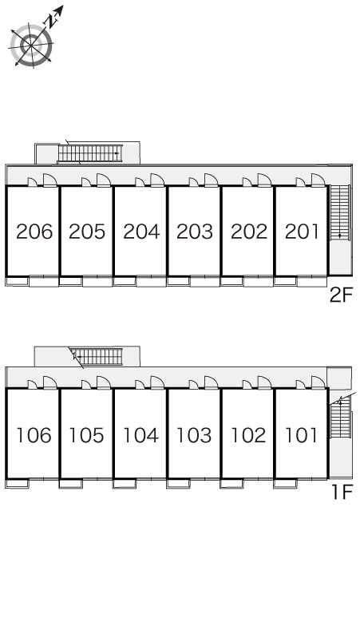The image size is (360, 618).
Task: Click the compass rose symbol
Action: (x=31, y=46)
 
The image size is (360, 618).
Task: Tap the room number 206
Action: (x=34, y=232)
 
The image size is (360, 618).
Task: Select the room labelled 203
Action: (x=195, y=232)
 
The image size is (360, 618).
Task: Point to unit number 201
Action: (x=301, y=232)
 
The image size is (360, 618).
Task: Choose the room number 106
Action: (x=34, y=435)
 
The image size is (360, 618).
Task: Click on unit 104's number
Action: (x=141, y=435)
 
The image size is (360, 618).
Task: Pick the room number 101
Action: (x=301, y=435)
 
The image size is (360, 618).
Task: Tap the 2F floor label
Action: (x=342, y=295)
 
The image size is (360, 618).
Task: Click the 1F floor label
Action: (x=342, y=492)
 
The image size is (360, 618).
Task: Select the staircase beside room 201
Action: (x=339, y=212)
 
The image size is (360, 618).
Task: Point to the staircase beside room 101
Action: (x=340, y=418)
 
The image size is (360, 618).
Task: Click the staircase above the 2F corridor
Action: (x=90, y=153)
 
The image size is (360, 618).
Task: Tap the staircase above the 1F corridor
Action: (x=98, y=356)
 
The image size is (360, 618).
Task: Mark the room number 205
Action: (x=87, y=232)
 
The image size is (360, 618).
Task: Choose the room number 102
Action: (x=248, y=435)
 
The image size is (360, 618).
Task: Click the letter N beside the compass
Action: (x=50, y=21)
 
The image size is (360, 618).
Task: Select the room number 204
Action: (x=141, y=232)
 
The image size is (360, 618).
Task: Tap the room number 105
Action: (x=87, y=435)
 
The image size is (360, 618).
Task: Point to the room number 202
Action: (x=249, y=232)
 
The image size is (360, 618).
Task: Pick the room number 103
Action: (x=194, y=435)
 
